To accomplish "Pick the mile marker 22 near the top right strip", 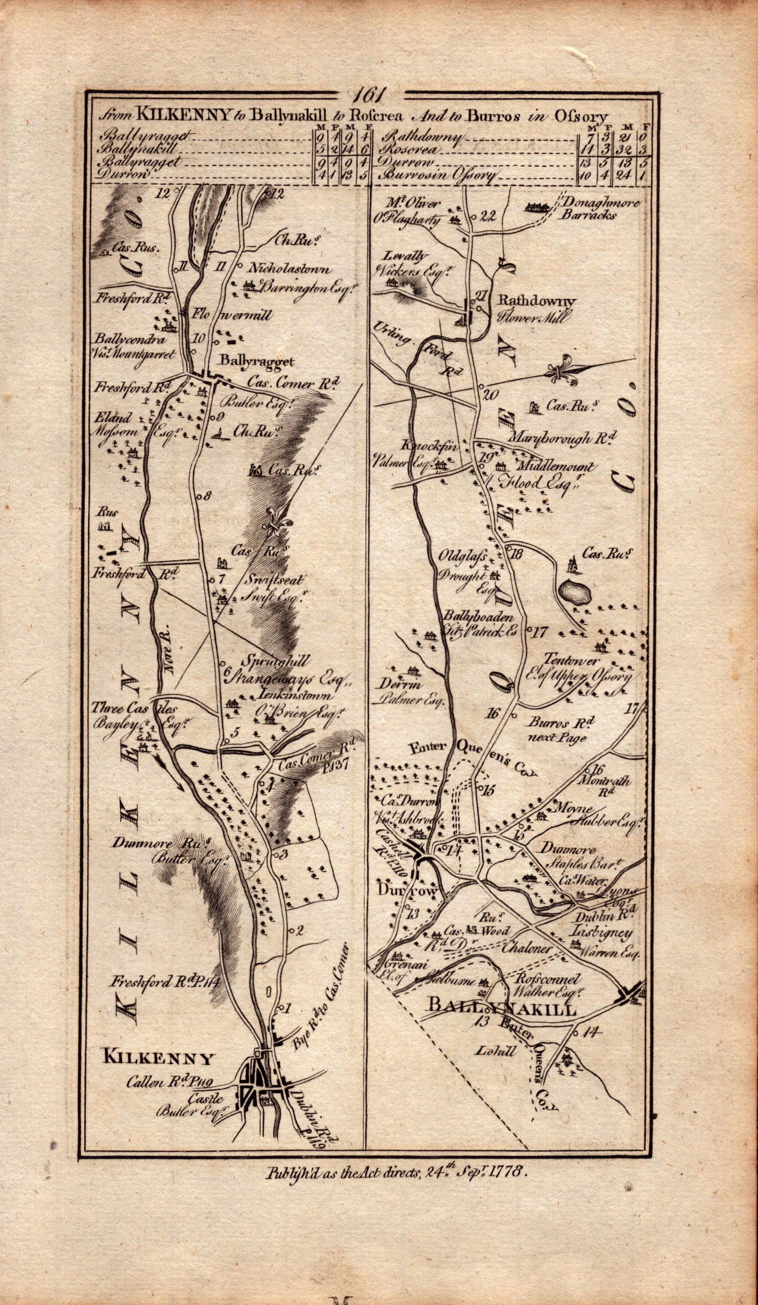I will click(x=488, y=217).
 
